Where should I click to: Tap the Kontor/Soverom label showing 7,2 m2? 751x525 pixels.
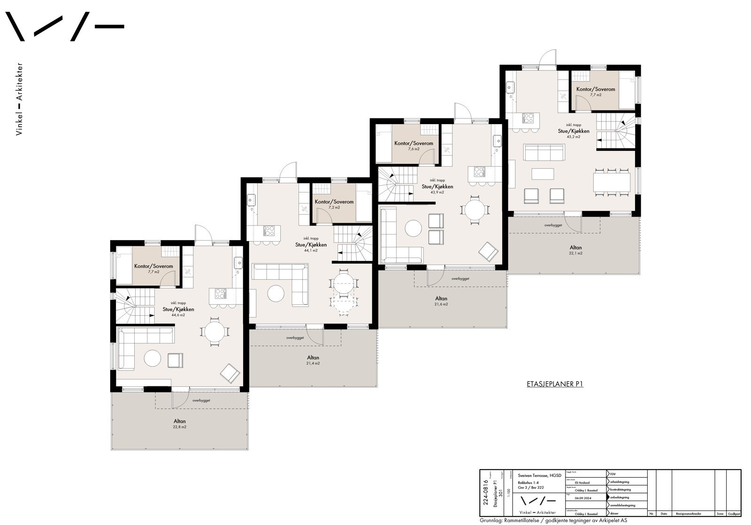334,202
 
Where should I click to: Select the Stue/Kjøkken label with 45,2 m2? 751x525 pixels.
574,131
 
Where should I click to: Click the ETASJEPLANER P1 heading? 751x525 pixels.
555,384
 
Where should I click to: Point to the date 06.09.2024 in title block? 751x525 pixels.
583,498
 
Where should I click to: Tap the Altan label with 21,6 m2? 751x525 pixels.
441,298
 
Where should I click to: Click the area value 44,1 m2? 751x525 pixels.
310,251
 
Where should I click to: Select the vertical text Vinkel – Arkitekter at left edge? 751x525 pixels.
19,99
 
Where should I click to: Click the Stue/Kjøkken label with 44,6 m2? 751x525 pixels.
178,309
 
